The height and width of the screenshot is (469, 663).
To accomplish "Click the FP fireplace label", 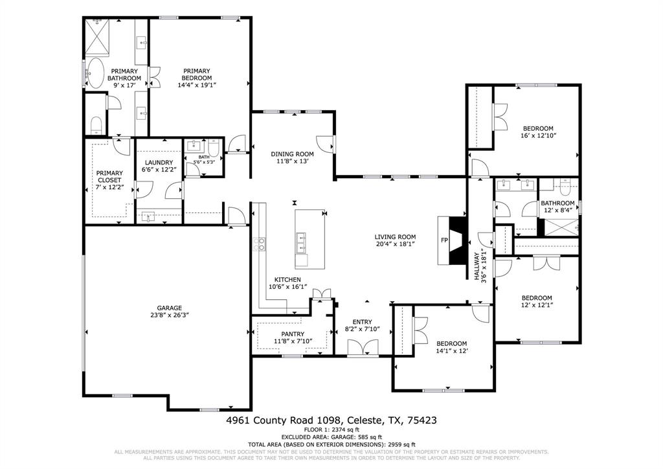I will point(444,240).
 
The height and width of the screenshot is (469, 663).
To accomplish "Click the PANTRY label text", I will point(293,334).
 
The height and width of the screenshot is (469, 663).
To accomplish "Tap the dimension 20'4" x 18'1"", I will point(395,244).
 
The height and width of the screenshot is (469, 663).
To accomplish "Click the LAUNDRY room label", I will point(159,163).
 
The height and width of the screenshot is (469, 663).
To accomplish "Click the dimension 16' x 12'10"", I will point(538,136).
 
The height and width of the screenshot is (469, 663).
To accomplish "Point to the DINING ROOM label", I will point(292,154).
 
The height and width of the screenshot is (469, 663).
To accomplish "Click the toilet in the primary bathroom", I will point(97,124).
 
